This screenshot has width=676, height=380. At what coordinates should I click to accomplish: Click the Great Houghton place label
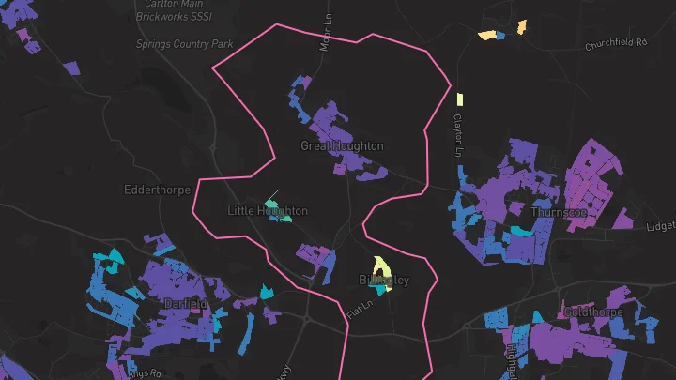point(342,146)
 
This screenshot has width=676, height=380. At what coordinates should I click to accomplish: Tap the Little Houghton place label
point(268,211)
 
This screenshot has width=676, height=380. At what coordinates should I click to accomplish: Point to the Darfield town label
point(185,304)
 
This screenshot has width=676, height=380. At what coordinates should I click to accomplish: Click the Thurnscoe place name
point(558,212)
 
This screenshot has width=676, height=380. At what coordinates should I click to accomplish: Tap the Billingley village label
point(384,281)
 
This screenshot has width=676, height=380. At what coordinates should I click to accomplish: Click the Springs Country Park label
point(184,44)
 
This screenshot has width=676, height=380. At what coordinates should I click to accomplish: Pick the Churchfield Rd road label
point(616,44)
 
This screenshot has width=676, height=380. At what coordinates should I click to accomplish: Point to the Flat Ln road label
point(360,306)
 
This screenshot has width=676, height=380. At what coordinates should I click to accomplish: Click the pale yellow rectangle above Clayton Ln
point(460,99)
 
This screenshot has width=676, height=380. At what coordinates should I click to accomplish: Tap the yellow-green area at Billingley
point(379,266)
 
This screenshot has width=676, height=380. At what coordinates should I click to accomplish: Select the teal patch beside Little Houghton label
point(271,202)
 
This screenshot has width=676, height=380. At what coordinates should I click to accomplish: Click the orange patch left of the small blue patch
point(487,36)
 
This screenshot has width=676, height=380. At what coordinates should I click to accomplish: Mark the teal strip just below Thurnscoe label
point(519,230)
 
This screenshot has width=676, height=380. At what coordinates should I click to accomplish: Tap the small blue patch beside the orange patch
point(500,36)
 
